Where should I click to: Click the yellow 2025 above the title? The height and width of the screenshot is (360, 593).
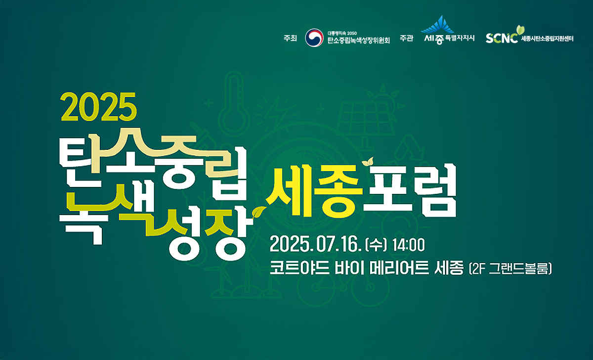point(98,107)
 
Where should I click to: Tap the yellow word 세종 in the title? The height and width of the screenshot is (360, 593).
point(314,190)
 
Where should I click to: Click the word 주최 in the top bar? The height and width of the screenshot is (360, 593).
point(290,38)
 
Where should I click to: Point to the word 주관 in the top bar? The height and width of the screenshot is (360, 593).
point(406,38)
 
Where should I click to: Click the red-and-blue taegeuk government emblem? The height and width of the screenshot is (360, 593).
point(314,38)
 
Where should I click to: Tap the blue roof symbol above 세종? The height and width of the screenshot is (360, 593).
point(438,25)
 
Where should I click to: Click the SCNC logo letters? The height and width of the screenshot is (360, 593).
point(502,39)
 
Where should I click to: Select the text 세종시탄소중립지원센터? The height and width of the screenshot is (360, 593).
point(547,39)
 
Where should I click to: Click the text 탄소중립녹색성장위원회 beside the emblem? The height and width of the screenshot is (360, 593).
point(359,41)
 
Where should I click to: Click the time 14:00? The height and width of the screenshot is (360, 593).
point(409,245)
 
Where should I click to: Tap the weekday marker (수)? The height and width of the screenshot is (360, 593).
point(376,245)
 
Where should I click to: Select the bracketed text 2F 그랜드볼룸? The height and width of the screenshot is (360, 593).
point(510,269)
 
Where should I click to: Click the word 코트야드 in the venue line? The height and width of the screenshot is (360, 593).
point(299,268)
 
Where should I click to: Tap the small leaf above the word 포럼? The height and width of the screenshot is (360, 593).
point(368,161)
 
